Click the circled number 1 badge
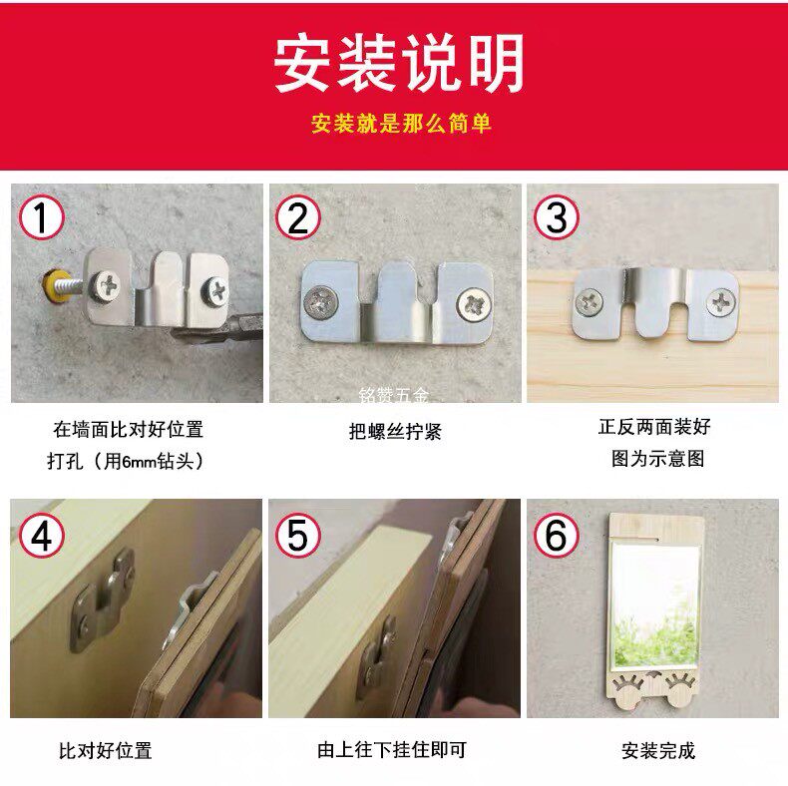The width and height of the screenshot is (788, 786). (41, 217)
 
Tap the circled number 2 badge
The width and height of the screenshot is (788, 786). (298, 217)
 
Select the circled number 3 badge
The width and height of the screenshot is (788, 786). (557, 217)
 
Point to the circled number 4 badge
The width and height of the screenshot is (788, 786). (41, 535)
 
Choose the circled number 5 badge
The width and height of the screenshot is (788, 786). (298, 535)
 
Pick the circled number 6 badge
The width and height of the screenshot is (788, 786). (557, 535)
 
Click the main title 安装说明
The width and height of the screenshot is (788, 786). (399, 63)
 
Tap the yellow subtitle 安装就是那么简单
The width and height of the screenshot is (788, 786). (401, 124)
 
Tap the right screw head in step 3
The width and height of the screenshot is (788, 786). (721, 303)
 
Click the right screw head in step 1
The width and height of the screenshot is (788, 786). (215, 290)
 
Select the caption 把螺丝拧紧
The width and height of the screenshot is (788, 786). (395, 432)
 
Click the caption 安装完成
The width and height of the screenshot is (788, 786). (658, 751)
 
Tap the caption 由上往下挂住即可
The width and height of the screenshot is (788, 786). (392, 750)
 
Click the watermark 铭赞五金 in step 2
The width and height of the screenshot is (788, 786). (394, 396)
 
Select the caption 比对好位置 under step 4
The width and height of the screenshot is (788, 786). (106, 751)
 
